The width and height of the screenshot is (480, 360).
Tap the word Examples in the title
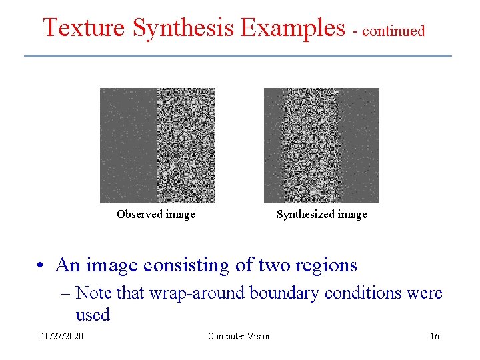[x=293, y=28]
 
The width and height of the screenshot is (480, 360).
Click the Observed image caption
[x=156, y=214]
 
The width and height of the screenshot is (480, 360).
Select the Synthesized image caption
[x=322, y=214]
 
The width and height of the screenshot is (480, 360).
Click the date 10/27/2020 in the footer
[x=62, y=336]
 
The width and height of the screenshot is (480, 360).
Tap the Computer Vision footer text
[x=240, y=336]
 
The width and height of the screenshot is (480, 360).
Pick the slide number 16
[x=435, y=336]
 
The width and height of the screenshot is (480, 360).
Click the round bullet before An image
[x=41, y=266]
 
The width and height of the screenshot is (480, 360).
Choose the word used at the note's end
[x=93, y=315]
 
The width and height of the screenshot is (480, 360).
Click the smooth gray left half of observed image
[x=128, y=145]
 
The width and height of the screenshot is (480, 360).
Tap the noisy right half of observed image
[x=186, y=145]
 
